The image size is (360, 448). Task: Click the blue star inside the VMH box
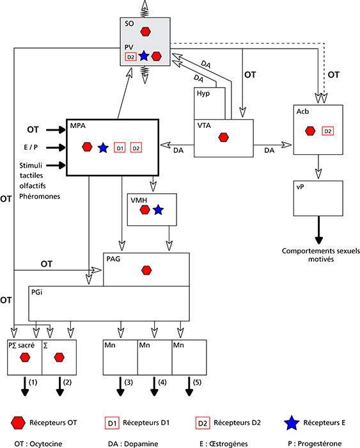click(x=158, y=210)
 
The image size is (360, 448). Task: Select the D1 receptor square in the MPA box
click(x=120, y=148)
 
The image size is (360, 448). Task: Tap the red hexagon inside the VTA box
click(x=224, y=138)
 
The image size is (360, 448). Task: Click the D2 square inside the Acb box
click(x=328, y=131)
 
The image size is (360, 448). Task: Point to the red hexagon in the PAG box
click(x=146, y=270)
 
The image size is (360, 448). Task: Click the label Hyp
click(x=203, y=93)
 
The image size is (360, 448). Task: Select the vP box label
click(x=300, y=187)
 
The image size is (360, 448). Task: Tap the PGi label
click(x=37, y=292)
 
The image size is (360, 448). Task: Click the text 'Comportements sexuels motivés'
click(x=321, y=255)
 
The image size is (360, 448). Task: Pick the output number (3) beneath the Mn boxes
click(x=129, y=382)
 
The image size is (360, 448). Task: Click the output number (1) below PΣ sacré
click(x=33, y=382)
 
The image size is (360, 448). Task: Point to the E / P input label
click(x=31, y=147)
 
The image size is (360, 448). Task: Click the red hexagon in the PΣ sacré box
click(x=25, y=357)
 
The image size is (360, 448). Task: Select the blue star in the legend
click(x=292, y=423)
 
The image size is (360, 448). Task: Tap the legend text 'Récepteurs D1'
click(x=146, y=422)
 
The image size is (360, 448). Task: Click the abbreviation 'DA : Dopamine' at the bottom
click(x=133, y=444)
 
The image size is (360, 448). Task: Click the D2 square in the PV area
click(x=130, y=57)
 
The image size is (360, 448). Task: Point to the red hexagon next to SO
click(x=146, y=31)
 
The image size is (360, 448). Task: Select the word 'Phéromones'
click(x=40, y=196)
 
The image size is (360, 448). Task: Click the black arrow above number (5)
click(x=189, y=387)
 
